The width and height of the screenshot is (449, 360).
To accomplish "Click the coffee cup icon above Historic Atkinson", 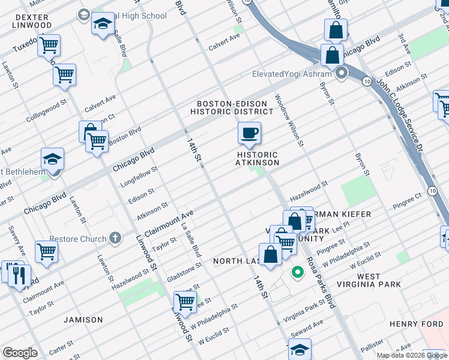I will point(249,133).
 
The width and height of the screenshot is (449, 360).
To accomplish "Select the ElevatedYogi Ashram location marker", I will point(342,74).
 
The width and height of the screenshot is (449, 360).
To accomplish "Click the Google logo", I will point(20,353).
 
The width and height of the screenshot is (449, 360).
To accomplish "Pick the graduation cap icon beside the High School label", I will point(103,25).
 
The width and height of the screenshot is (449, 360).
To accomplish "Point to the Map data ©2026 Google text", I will point(411,355).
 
